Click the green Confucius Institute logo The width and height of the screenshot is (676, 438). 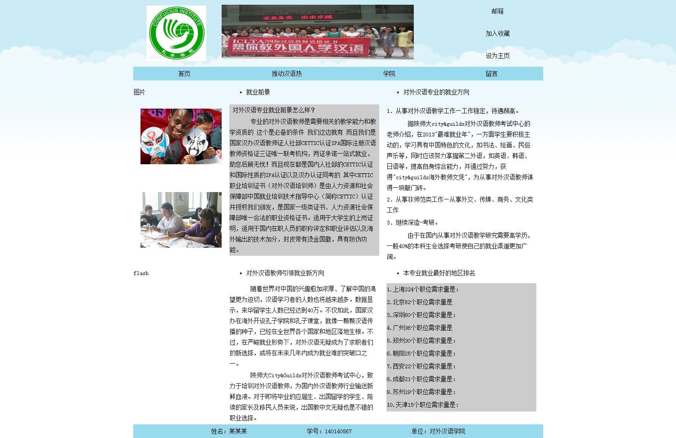(x=176, y=33)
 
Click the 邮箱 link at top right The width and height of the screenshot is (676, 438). (x=497, y=11)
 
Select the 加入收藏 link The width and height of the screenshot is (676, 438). (x=497, y=33)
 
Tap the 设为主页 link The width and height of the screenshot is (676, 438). (x=497, y=56)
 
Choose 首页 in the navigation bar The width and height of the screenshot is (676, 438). (x=184, y=74)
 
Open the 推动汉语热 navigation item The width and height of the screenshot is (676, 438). (x=287, y=74)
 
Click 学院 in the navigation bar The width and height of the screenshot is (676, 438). (x=389, y=74)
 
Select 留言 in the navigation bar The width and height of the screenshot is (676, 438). (x=492, y=74)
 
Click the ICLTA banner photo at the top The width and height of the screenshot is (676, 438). (x=317, y=32)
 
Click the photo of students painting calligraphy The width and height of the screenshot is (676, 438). (x=181, y=220)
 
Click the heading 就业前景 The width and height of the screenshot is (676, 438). (x=258, y=92)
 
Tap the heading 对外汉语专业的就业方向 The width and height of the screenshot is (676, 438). (x=436, y=92)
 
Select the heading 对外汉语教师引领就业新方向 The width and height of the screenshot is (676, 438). (x=285, y=273)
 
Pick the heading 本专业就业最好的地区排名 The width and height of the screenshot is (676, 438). (x=439, y=273)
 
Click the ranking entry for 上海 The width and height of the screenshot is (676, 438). (x=422, y=290)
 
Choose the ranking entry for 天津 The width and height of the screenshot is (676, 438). (x=422, y=405)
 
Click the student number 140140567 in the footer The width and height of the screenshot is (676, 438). (x=338, y=431)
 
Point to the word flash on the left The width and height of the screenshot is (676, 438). (x=141, y=273)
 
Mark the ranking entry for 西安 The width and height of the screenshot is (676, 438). (x=421, y=366)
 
